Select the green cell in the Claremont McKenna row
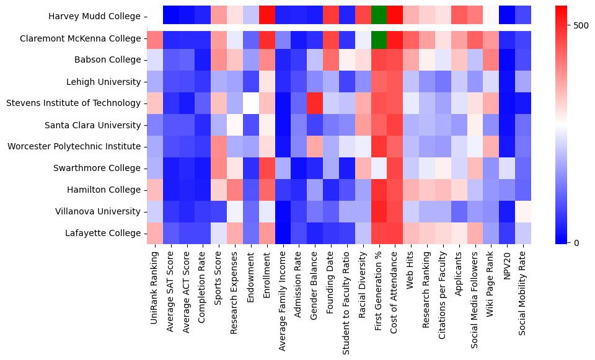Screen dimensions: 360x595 tap(379, 38)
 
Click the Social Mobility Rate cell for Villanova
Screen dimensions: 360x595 tap(524, 211)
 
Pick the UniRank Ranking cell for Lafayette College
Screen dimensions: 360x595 tap(155, 233)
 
